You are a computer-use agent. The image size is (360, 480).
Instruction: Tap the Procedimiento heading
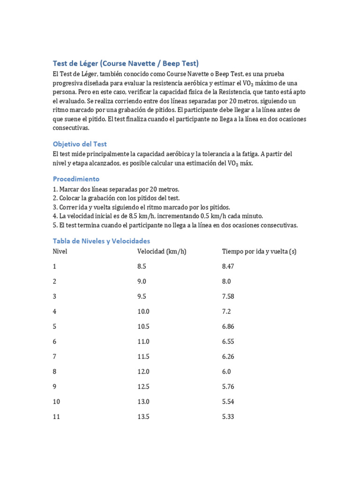click(x=76, y=179)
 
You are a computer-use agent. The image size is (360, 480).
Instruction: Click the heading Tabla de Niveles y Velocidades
click(x=101, y=241)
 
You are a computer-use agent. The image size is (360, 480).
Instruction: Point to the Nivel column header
click(x=60, y=251)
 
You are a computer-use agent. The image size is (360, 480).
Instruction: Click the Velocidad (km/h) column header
click(x=162, y=251)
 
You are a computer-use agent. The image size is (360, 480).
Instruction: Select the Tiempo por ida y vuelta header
click(x=259, y=251)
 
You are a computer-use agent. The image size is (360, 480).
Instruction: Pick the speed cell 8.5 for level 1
click(x=142, y=266)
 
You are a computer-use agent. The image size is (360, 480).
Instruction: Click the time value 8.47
click(x=228, y=266)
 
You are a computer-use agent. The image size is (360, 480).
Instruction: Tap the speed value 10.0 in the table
click(x=143, y=311)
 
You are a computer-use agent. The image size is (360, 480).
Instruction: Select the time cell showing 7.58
click(x=228, y=296)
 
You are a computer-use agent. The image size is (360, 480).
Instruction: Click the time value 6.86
click(x=228, y=327)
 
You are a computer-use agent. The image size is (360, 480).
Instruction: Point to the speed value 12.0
click(x=143, y=372)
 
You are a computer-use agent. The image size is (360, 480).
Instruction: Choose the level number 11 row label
click(x=56, y=417)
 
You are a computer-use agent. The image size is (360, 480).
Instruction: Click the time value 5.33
click(x=228, y=417)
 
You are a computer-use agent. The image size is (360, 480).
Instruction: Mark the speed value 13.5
click(x=143, y=417)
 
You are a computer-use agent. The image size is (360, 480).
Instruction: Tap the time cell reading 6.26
click(x=228, y=357)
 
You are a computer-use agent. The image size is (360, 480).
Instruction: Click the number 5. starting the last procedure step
click(x=55, y=225)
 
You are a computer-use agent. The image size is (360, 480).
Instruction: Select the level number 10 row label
click(x=56, y=402)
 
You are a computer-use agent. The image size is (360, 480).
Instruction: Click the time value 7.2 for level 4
click(x=226, y=311)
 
